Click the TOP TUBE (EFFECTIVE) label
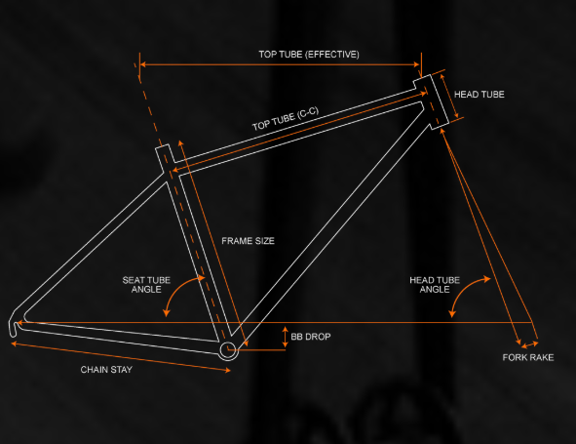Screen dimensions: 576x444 (x=309, y=55)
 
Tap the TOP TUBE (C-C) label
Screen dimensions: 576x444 (x=286, y=119)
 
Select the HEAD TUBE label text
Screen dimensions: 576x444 (x=479, y=95)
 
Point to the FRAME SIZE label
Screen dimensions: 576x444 (x=248, y=241)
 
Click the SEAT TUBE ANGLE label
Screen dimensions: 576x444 (x=146, y=285)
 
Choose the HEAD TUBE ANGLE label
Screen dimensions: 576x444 (x=435, y=285)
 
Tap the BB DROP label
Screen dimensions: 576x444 (x=311, y=337)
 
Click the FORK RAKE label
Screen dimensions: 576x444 (x=528, y=357)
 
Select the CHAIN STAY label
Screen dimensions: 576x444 (x=106, y=370)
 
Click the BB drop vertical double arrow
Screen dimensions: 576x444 (x=285, y=337)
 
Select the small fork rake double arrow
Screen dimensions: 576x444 (x=530, y=344)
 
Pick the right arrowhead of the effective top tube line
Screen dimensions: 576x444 (x=416, y=64)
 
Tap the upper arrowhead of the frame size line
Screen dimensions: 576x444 (x=180, y=143)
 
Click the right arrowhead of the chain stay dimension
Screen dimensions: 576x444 (x=227, y=371)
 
